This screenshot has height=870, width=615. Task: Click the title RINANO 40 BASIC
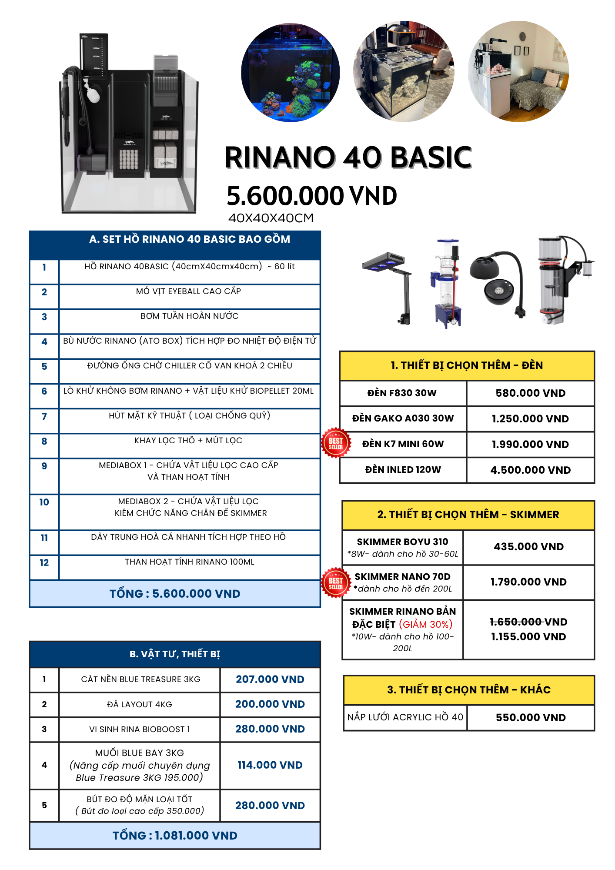pyautogui.click(x=348, y=157)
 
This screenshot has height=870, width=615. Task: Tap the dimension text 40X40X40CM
pyautogui.click(x=271, y=218)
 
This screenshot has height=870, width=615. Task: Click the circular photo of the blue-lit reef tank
pyautogui.click(x=291, y=72)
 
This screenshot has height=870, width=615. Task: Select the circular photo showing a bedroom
pyautogui.click(x=518, y=71)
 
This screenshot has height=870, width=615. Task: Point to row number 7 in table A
pyautogui.click(x=44, y=417)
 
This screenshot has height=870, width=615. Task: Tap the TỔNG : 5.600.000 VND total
pyautogui.click(x=175, y=594)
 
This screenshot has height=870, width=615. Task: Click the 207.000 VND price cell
pyautogui.click(x=270, y=679)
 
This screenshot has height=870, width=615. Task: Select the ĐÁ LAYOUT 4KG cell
pyautogui.click(x=140, y=704)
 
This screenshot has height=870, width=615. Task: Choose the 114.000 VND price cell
pyautogui.click(x=270, y=765)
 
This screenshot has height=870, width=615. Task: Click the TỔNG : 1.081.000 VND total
pyautogui.click(x=175, y=836)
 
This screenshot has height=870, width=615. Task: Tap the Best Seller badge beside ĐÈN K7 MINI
pyautogui.click(x=336, y=443)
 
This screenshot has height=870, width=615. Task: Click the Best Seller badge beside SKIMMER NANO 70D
pyautogui.click(x=336, y=583)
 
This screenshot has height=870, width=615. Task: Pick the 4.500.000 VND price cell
pyautogui.click(x=531, y=470)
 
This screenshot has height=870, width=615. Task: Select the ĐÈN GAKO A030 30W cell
pyautogui.click(x=403, y=418)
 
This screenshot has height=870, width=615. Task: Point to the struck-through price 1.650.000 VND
pyautogui.click(x=528, y=622)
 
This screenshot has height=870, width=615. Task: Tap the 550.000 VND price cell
pyautogui.click(x=531, y=718)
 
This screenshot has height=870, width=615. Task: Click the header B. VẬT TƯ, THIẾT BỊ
pyautogui.click(x=175, y=654)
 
